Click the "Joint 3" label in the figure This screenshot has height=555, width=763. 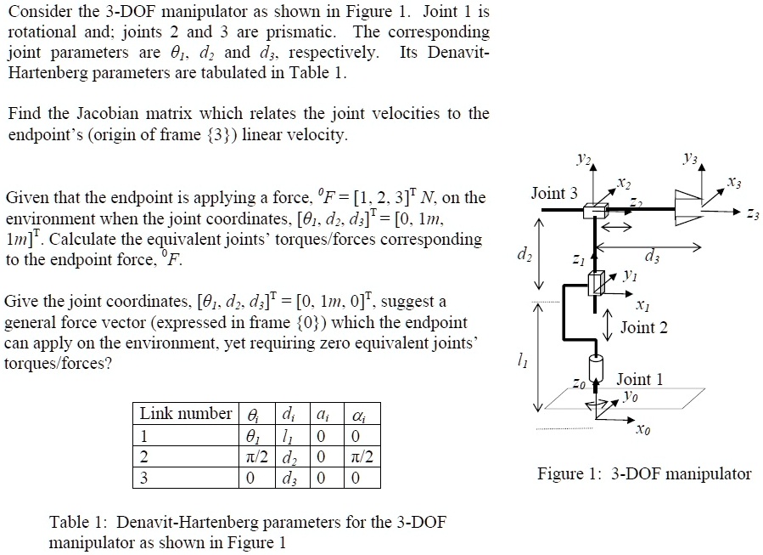click(554, 194)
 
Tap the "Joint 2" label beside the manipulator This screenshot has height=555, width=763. click(644, 327)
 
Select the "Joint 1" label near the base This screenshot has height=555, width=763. click(640, 379)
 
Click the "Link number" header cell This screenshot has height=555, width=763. click(184, 414)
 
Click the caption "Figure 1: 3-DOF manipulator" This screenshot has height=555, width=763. click(645, 474)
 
